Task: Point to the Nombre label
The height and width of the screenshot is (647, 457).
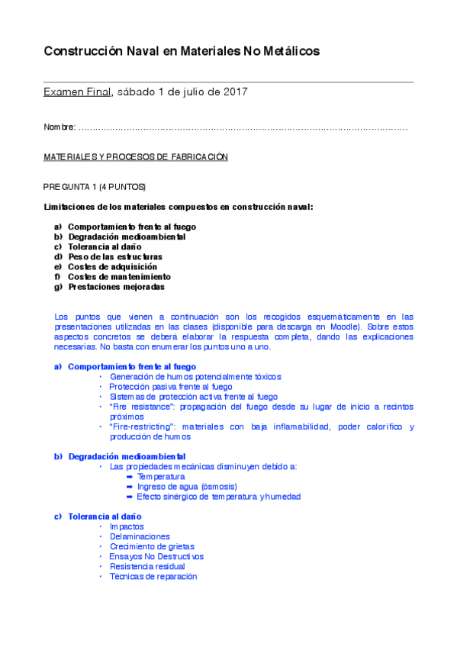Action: coord(60,127)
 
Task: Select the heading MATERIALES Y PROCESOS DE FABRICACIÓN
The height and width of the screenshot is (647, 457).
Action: coord(136,157)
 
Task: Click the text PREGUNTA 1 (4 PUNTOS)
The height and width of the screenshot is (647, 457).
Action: coord(95,187)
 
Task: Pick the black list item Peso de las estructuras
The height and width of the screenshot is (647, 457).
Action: coord(114,257)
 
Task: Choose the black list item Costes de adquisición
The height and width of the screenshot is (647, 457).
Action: coord(112,267)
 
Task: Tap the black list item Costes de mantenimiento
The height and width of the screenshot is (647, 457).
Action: coord(119,277)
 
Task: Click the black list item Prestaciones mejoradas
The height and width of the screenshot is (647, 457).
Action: coord(116,287)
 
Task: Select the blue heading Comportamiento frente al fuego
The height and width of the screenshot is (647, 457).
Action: coord(131,366)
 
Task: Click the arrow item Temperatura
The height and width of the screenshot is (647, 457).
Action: coord(160,476)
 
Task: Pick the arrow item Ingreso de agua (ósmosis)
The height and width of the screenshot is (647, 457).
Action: coord(187,486)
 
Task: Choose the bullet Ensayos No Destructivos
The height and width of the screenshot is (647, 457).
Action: coord(156,556)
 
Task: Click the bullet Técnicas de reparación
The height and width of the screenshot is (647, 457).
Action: coord(153,576)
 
